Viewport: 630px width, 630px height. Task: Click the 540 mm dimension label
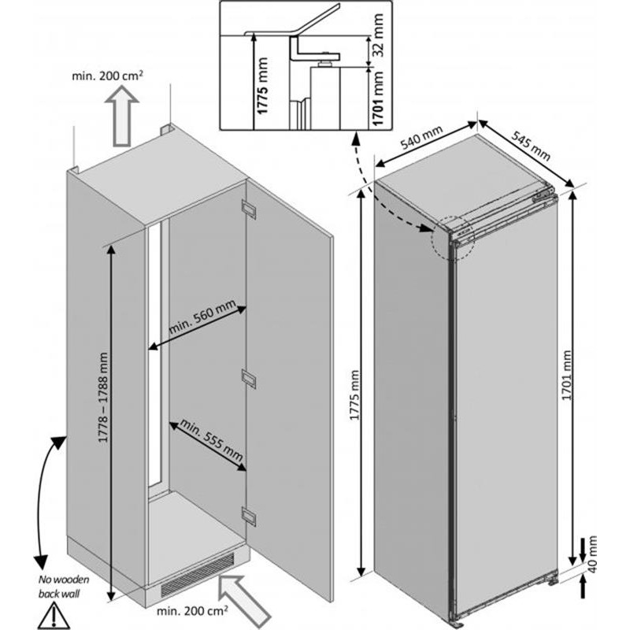pyautogui.click(x=421, y=142)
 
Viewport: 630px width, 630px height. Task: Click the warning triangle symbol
pyautogui.click(x=54, y=613)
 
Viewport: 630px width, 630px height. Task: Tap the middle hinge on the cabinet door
pyautogui.click(x=249, y=378)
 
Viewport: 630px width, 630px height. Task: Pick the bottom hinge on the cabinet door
pyautogui.click(x=249, y=517)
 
